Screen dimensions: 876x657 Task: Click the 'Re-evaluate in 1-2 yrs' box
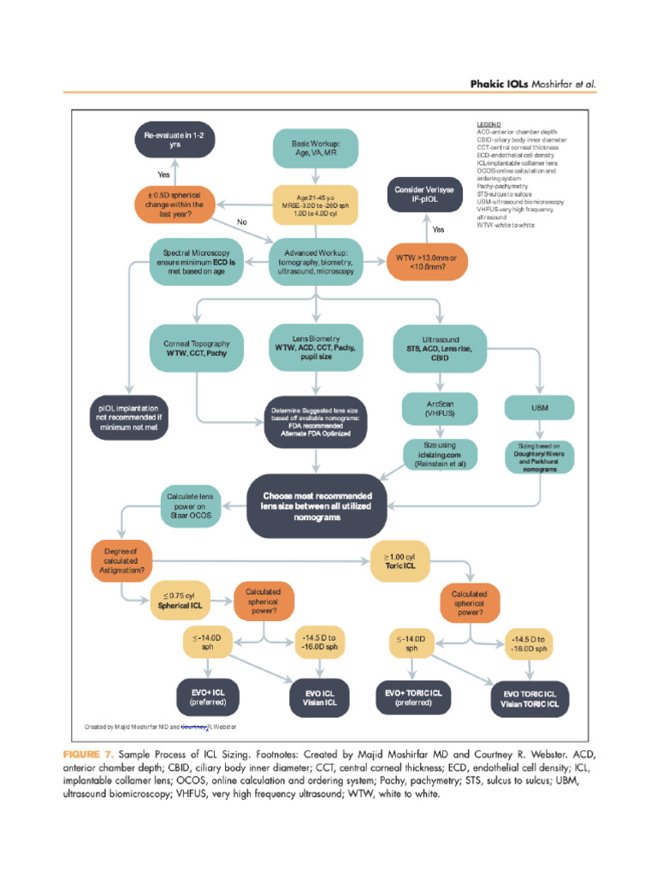click(175, 141)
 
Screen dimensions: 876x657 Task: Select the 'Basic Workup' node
click(316, 148)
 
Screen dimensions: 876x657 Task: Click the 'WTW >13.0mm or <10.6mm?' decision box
click(426, 263)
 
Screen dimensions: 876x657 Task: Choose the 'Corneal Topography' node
click(197, 347)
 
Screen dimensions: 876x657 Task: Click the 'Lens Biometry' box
click(317, 347)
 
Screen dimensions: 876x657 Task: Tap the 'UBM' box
click(540, 409)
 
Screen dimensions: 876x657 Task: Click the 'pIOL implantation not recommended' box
click(128, 417)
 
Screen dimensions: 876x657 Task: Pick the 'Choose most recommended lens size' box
click(317, 506)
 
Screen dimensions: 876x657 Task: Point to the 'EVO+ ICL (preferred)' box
click(208, 696)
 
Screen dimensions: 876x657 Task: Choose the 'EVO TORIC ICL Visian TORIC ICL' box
click(530, 698)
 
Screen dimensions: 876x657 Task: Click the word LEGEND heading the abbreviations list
click(488, 124)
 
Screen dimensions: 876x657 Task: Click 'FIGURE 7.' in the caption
click(87, 755)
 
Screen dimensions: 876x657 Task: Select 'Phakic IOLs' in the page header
click(500, 85)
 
